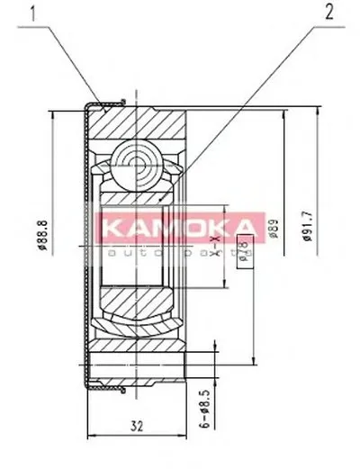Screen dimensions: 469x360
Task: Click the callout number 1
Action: point(34,14)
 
